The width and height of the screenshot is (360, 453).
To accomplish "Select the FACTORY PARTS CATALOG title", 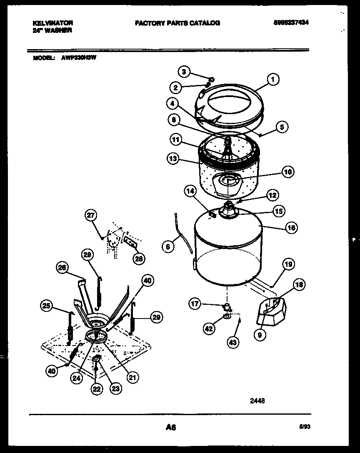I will [177, 23].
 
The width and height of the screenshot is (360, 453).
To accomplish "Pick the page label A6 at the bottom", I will [171, 427].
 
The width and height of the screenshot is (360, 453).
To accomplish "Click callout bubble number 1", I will [273, 79].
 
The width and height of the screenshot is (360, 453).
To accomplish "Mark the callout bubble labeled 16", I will [291, 227].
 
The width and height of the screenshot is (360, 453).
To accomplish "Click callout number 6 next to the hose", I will [167, 247].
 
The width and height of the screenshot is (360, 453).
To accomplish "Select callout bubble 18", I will [299, 285].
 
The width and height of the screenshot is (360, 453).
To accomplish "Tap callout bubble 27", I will [90, 215].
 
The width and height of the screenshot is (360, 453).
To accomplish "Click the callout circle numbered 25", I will [47, 307].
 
